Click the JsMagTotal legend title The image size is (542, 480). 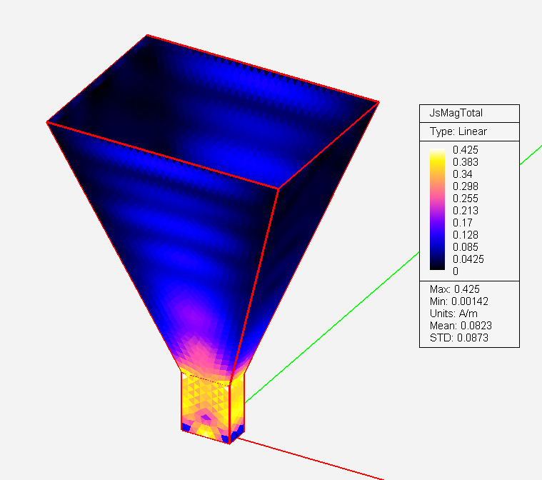[x=456, y=113]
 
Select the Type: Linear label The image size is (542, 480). [x=458, y=131]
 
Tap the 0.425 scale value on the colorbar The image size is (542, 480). [x=466, y=150]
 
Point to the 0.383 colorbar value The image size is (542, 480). [x=466, y=162]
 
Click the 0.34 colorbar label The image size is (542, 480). [x=463, y=174]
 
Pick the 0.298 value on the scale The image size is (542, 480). [x=466, y=186]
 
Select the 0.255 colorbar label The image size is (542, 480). [x=466, y=198]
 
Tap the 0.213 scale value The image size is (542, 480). [x=466, y=210]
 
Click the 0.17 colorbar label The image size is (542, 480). [x=463, y=222]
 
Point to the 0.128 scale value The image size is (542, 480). [x=466, y=235]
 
